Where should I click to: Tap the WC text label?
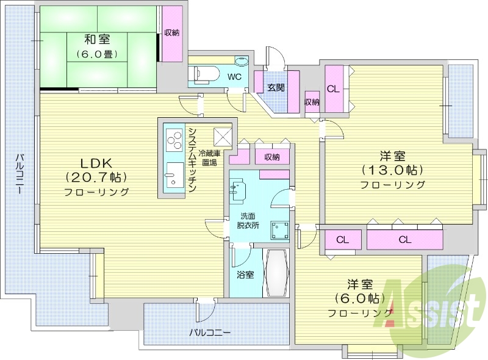(234, 77)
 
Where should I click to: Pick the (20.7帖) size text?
(96, 178)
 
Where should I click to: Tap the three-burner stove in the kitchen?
(173, 140)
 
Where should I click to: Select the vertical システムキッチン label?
(191, 160)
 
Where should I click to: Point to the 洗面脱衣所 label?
(248, 220)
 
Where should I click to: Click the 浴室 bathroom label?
(245, 275)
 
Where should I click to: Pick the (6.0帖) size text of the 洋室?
(359, 299)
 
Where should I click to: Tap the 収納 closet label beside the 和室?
(172, 32)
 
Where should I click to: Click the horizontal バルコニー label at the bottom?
(209, 333)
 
